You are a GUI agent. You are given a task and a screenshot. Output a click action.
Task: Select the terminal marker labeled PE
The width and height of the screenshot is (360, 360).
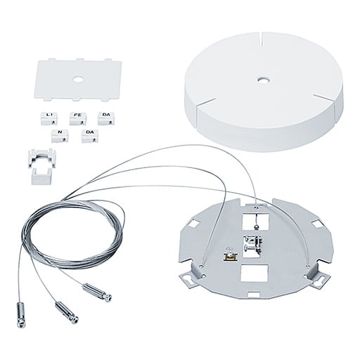point(77,118)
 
